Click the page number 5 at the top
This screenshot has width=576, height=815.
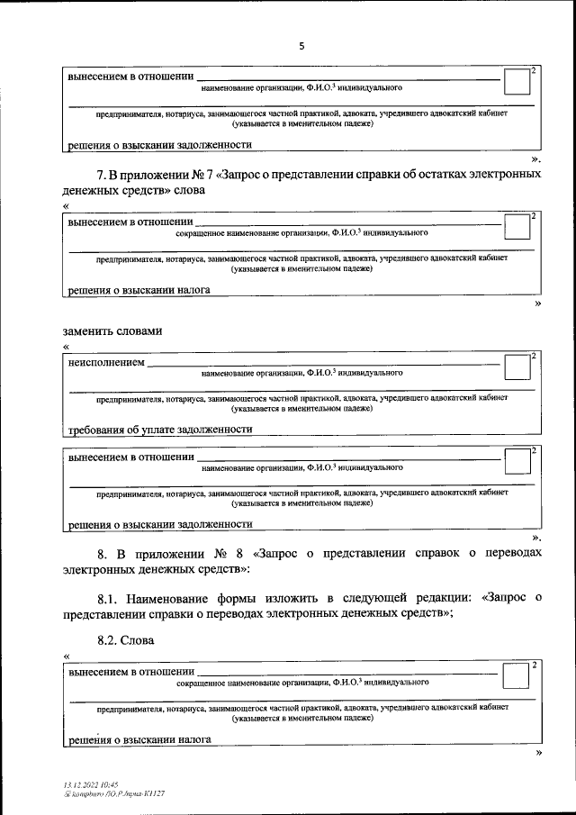pyautogui.click(x=302, y=47)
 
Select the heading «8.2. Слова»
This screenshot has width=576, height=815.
pyautogui.click(x=126, y=640)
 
